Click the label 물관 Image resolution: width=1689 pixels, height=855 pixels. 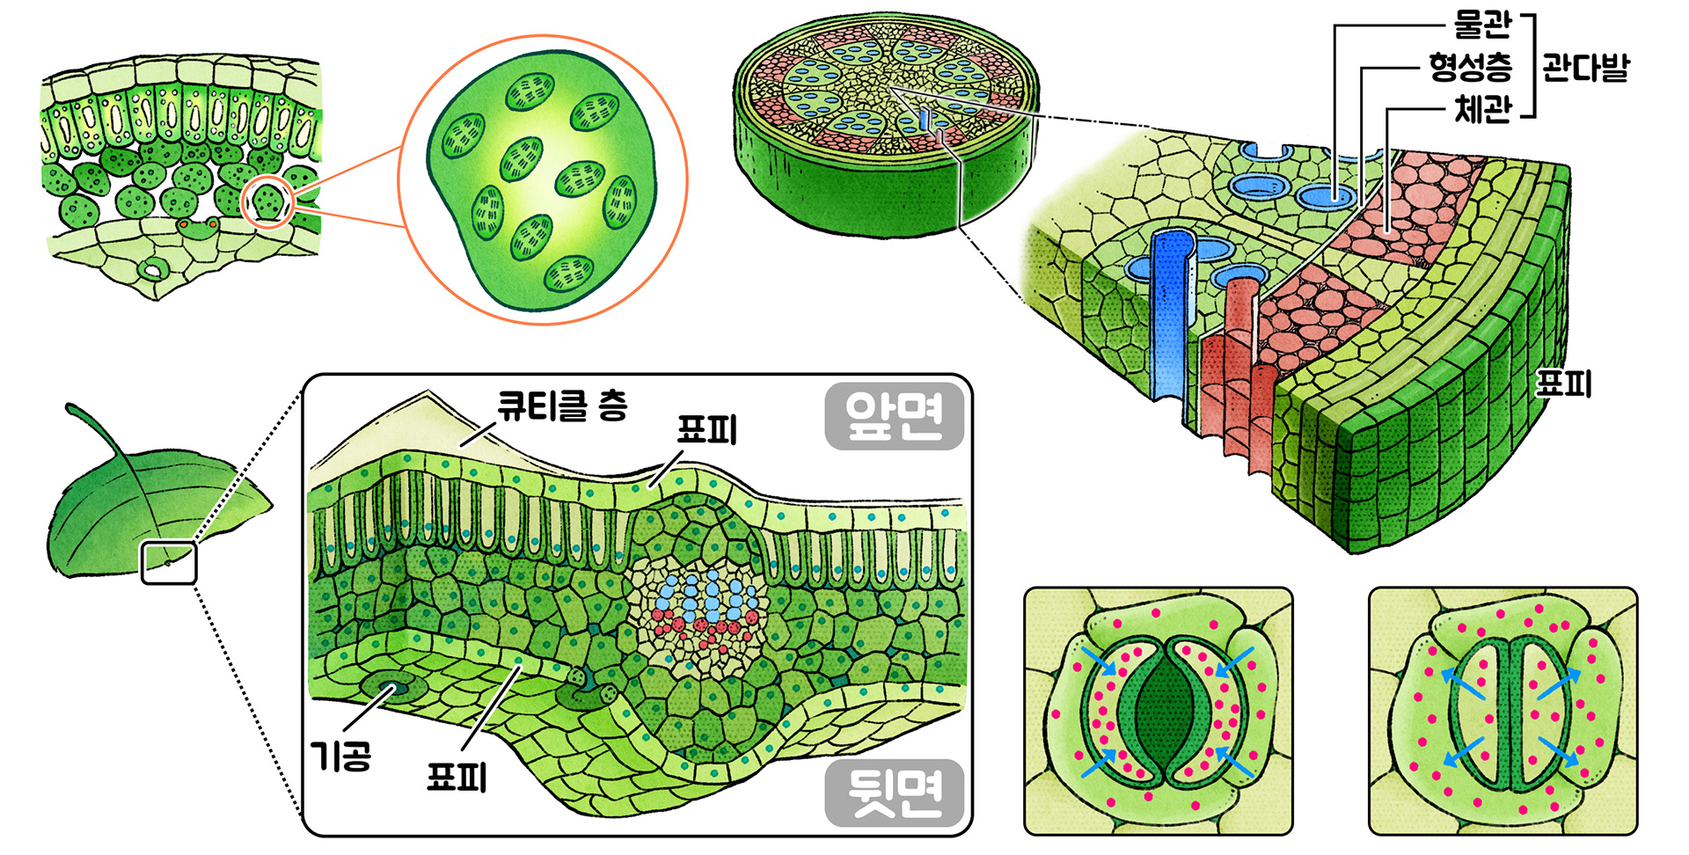[x=1482, y=25]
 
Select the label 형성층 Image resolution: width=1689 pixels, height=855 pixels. [x=1470, y=67]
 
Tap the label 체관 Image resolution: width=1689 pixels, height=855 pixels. [x=1482, y=109]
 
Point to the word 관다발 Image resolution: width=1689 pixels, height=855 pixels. [x=1585, y=67]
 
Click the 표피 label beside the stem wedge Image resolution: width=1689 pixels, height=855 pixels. [x=1563, y=384]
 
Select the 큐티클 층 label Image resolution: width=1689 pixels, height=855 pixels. [x=562, y=406]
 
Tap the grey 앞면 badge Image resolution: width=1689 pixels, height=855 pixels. [x=894, y=416]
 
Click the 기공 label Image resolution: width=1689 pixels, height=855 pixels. [x=341, y=755]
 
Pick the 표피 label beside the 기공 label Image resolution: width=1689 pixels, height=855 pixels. [x=457, y=776]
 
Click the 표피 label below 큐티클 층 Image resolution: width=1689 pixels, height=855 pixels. [x=706, y=430]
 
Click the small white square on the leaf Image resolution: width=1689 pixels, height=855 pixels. [x=169, y=563]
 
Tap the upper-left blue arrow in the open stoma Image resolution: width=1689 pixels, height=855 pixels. [x=1098, y=661]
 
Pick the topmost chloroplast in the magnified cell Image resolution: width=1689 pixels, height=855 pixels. [x=530, y=91]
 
